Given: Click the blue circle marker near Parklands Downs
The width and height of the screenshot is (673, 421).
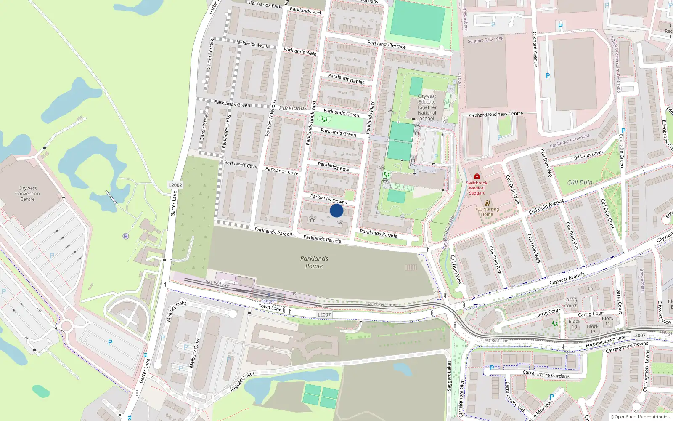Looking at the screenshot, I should click(336, 210).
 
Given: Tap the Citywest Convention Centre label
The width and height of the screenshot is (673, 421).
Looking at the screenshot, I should click(27, 194).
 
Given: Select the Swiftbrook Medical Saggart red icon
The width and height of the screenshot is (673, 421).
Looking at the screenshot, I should click(477, 176).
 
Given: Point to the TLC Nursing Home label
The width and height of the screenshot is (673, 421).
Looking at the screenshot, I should click(487, 211).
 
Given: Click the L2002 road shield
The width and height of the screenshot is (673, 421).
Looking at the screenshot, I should click(175, 185).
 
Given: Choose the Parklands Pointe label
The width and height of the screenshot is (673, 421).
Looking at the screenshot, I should click(314, 262).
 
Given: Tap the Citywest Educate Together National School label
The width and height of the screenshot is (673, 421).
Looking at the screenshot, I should click(427, 107).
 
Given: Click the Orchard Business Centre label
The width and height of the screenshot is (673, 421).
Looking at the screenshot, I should click(496, 114).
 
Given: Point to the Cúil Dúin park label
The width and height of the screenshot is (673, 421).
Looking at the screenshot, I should click(580, 182).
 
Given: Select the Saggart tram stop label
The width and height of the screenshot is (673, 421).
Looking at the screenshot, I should click(269, 301).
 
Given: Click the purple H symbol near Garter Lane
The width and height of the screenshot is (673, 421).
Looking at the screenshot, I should click(125, 236).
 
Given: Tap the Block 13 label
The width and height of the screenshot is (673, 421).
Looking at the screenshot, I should click(574, 324).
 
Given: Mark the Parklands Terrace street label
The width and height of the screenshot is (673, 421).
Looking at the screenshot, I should click(386, 45).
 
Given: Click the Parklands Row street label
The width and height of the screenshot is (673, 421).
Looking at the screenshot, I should click(333, 167).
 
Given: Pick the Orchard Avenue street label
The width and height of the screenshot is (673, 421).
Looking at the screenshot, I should click(535, 49).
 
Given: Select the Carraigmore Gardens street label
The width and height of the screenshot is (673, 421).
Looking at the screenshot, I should click(546, 374).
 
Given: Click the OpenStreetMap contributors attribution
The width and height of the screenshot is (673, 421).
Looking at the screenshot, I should click(640, 417).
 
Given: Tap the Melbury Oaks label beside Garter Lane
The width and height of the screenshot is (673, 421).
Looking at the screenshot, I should click(176, 312).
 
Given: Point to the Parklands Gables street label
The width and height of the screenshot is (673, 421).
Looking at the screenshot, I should click(346, 79).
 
